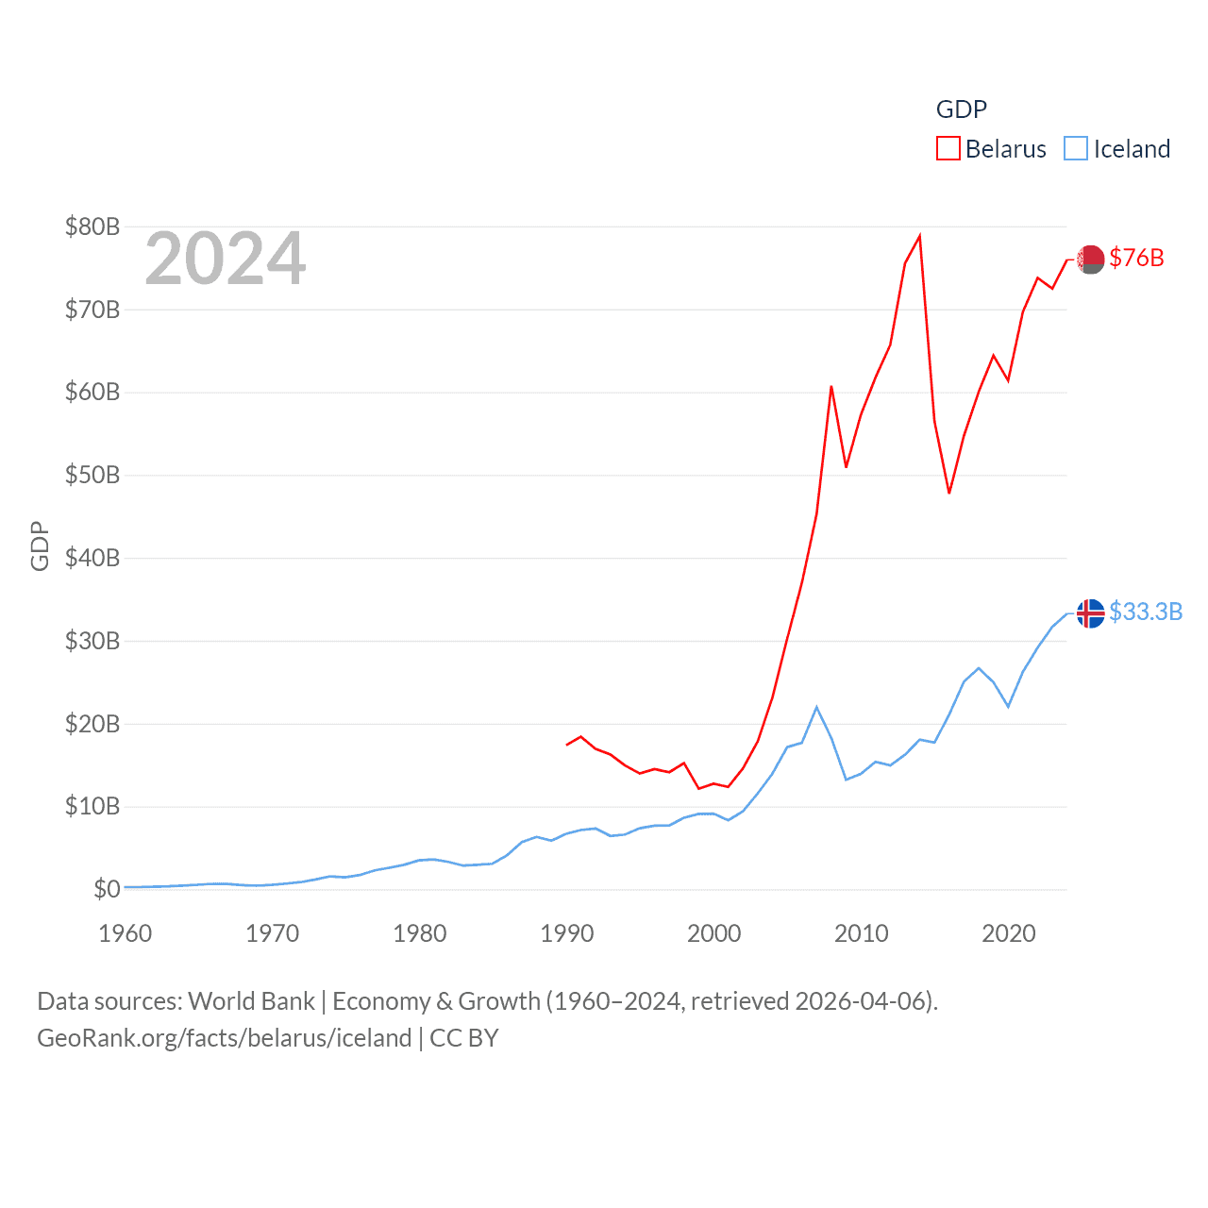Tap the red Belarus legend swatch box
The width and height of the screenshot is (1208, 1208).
948,149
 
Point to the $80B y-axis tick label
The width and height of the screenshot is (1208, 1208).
92,226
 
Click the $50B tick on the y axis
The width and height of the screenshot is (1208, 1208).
92,475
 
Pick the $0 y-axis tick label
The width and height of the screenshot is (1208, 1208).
107,889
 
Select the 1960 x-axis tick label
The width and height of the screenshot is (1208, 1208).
126,933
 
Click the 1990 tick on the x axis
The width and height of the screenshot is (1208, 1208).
567,933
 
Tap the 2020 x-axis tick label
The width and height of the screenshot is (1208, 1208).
1009,933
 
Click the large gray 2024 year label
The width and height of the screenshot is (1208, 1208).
226,259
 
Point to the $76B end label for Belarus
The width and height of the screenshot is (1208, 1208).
1136,258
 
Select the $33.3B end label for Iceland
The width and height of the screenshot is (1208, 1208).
1146,612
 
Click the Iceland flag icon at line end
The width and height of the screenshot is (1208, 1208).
1091,613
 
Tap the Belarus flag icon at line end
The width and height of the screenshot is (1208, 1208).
1091,259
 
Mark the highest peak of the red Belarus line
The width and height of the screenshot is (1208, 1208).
919,236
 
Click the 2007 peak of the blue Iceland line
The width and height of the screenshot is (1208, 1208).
816,707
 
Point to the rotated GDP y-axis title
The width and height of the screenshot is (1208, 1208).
40,545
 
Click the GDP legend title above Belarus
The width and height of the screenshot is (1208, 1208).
961,109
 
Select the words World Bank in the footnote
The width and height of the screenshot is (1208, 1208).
251,1000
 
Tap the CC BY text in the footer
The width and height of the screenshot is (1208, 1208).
463,1038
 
